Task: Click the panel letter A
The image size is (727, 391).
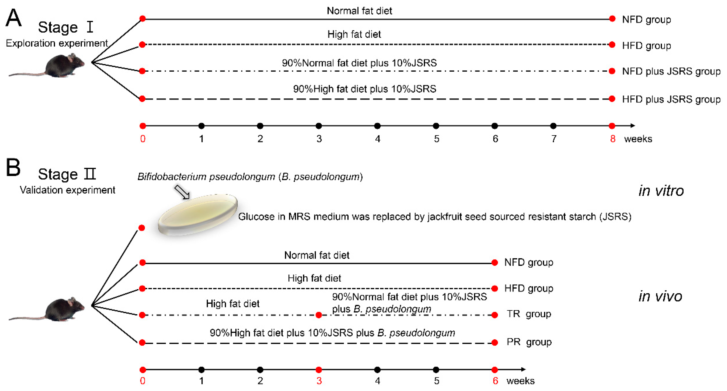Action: point(13,18)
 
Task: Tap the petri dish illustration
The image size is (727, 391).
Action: point(198,215)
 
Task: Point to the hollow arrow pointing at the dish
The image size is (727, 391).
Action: point(182,192)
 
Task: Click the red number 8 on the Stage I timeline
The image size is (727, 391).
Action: point(612,139)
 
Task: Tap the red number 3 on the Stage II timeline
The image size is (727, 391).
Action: point(319,381)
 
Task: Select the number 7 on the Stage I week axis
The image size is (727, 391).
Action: point(554,139)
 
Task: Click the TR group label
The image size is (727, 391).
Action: point(529,314)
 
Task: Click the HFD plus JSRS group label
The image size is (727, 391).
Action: point(671,99)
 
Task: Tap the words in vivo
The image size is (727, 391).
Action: point(660,296)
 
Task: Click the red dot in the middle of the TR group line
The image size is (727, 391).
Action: point(319,315)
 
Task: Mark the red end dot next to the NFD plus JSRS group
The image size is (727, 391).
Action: point(612,71)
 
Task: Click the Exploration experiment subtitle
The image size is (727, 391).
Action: point(57,43)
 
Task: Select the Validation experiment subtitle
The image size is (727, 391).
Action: point(67,190)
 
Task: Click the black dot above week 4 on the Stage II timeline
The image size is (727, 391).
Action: point(377,370)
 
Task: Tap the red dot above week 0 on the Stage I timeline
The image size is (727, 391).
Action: point(143,126)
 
